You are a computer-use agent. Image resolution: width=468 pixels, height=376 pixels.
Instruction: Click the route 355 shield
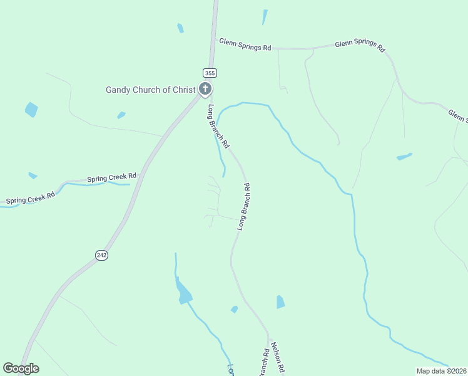(x=209, y=73)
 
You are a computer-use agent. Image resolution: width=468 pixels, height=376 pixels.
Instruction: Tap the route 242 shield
(x=101, y=254)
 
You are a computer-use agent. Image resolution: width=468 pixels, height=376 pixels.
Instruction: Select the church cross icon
(x=205, y=90)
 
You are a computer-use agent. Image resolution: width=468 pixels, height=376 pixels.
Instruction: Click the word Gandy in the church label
(x=118, y=90)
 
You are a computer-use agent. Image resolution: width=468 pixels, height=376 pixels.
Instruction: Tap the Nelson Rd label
(x=278, y=358)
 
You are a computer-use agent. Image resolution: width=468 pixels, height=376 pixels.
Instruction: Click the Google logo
(x=21, y=368)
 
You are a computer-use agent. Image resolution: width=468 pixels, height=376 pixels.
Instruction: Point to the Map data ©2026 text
(x=442, y=371)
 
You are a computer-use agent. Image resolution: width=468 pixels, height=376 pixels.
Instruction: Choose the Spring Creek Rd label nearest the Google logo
(x=30, y=198)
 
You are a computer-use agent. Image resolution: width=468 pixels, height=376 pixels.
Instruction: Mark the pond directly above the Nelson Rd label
(x=280, y=302)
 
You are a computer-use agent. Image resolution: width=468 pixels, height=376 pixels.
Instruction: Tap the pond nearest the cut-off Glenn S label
(x=404, y=156)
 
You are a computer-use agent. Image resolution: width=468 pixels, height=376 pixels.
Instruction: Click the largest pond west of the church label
(x=31, y=110)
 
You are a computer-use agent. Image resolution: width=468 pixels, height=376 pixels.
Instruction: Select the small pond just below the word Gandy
(x=121, y=115)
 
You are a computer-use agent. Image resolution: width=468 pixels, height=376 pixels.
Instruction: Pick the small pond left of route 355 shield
(x=180, y=28)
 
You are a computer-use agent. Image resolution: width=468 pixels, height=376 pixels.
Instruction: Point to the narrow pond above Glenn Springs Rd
(x=265, y=18)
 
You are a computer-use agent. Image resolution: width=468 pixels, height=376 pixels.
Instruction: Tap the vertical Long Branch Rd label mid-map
(x=243, y=206)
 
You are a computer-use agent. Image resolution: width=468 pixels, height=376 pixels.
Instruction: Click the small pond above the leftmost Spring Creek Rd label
(x=33, y=175)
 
